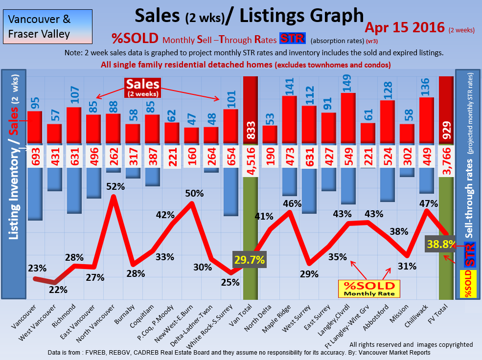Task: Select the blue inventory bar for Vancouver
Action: coord(34,194)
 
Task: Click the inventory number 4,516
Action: coord(250,157)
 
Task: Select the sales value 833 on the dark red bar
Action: coord(250,130)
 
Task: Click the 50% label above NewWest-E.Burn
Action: coord(194,193)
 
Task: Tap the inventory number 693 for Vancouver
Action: coord(34,157)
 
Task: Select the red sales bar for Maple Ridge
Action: coord(289,120)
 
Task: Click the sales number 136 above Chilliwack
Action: coord(427,86)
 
